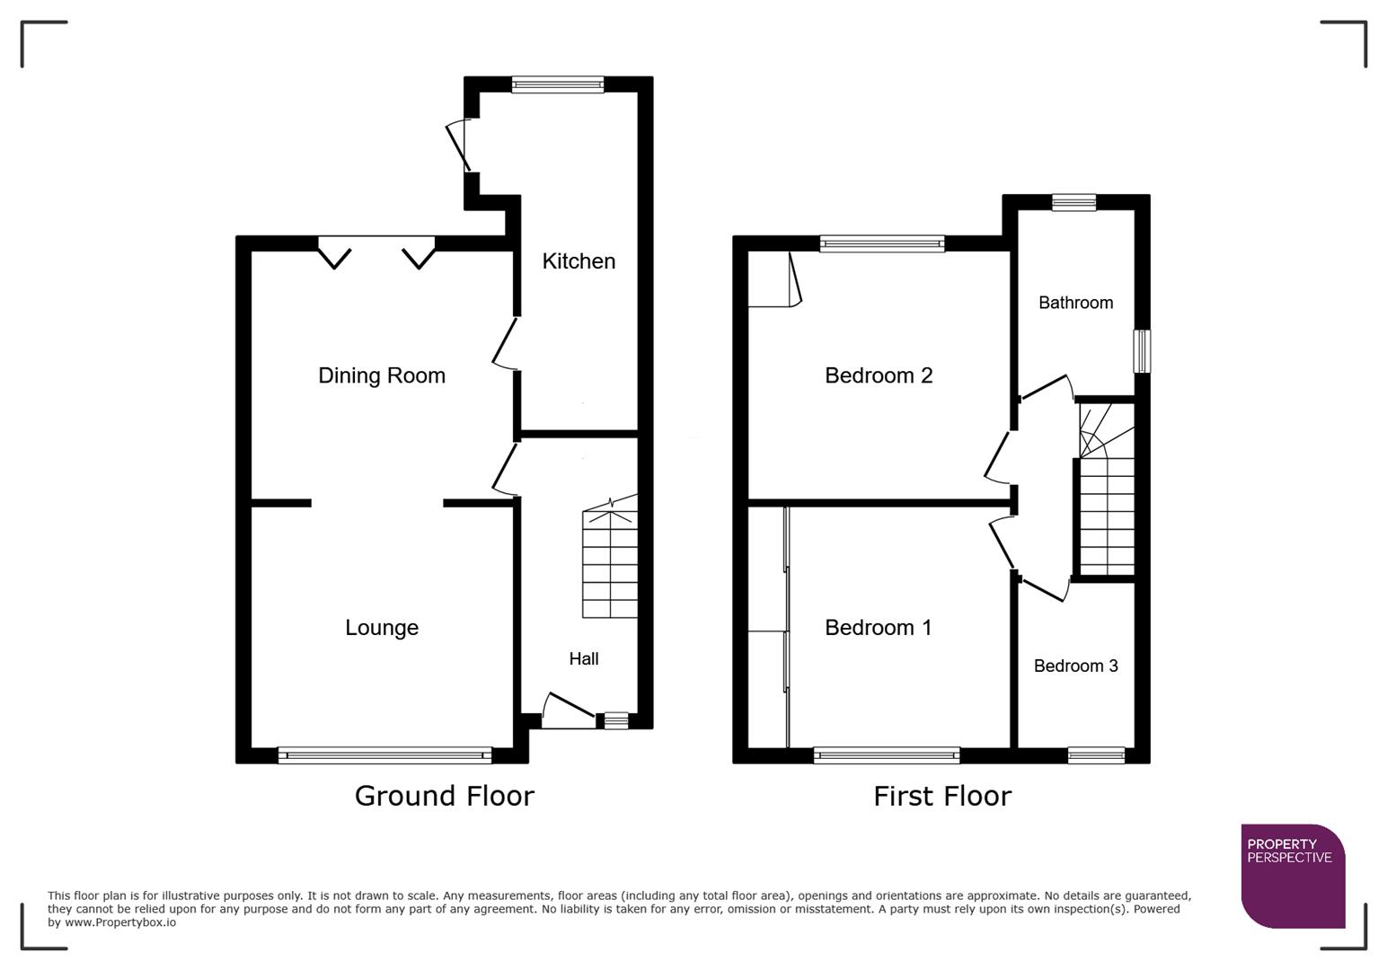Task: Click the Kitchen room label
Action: pyautogui.click(x=579, y=261)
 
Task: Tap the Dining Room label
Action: pyautogui.click(x=382, y=375)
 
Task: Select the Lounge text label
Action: pyautogui.click(x=382, y=628)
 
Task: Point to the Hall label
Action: pyautogui.click(x=583, y=659)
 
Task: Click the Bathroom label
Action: pyautogui.click(x=1075, y=303)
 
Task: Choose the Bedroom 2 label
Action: pyautogui.click(x=879, y=375)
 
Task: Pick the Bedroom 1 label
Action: pyautogui.click(x=879, y=628)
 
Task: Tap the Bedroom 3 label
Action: pyautogui.click(x=1075, y=666)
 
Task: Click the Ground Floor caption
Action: pyautogui.click(x=444, y=796)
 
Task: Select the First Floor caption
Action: pyautogui.click(x=942, y=796)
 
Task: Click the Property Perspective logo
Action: pyautogui.click(x=1292, y=875)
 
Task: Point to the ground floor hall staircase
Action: pyautogui.click(x=610, y=562)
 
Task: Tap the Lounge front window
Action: pyautogui.click(x=384, y=755)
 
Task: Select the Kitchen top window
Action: pyautogui.click(x=558, y=84)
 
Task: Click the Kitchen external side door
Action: pyautogui.click(x=459, y=145)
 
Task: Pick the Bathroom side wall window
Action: pyautogui.click(x=1142, y=351)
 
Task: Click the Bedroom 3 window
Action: pyautogui.click(x=1096, y=755)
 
